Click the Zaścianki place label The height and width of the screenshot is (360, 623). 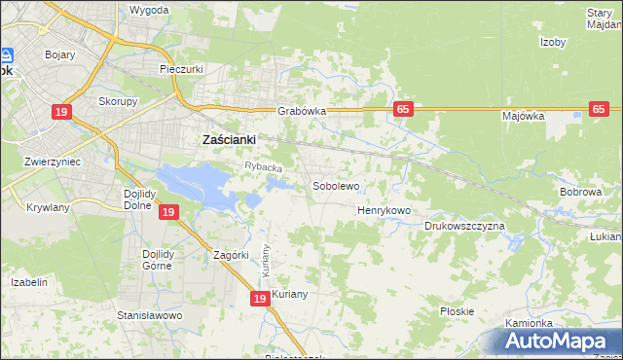pos(228,139)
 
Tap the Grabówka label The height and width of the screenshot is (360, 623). pos(301,111)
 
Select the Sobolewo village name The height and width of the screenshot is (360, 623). pos(336,185)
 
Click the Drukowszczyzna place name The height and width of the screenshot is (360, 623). pos(464,226)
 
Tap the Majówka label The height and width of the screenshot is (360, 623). pos(523,116)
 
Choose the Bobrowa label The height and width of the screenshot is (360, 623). pos(581,192)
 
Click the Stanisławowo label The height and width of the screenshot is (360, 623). pos(150,315)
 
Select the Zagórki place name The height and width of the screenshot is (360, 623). pos(234,255)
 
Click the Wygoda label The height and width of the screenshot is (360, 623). pos(149,10)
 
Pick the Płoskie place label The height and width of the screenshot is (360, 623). pos(457,311)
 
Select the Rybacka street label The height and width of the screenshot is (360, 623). pos(263,168)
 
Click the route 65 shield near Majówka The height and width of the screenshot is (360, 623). pos(599,109)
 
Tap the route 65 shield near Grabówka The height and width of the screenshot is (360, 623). pos(402,109)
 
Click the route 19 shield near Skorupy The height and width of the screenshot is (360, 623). pos(61,112)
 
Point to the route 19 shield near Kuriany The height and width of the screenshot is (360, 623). pos(259,299)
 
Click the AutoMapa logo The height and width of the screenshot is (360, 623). pos(559,342)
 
